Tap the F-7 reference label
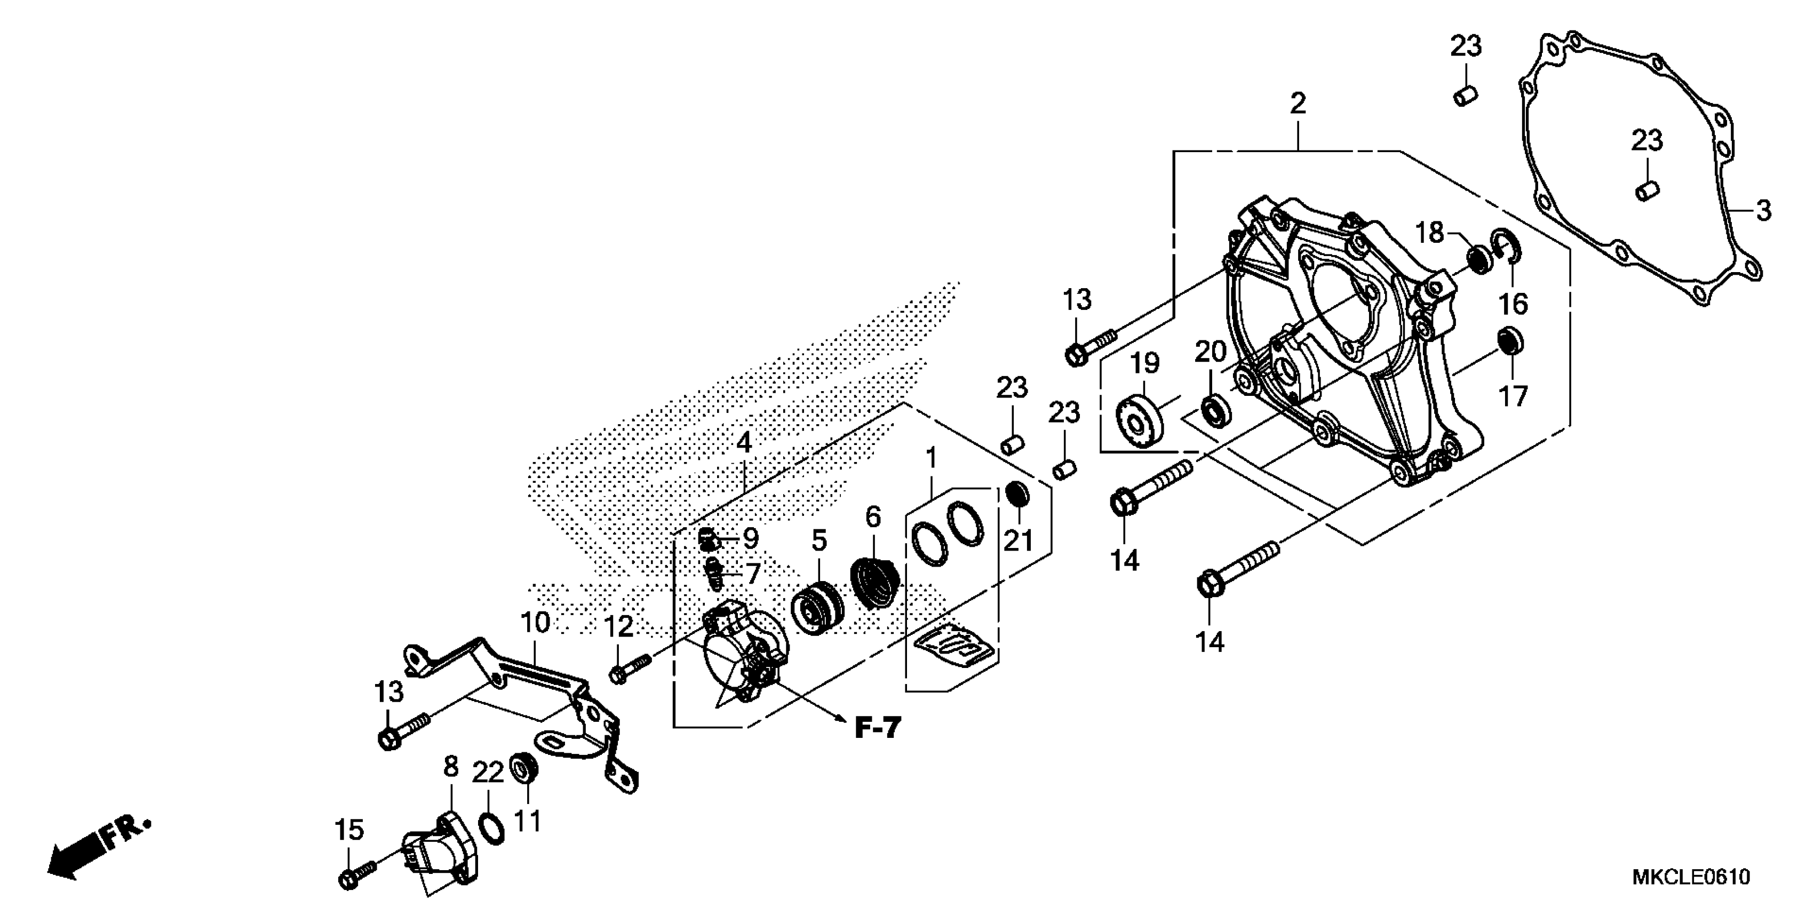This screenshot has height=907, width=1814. [878, 728]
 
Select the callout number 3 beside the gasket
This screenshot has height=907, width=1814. [1763, 210]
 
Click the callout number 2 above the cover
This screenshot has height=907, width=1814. [1298, 104]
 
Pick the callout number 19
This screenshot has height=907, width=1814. [1145, 363]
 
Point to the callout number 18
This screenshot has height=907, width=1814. [1429, 233]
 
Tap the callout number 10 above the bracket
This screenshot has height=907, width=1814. [535, 623]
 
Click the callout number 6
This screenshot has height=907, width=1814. [872, 518]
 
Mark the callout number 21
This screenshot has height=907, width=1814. [1017, 541]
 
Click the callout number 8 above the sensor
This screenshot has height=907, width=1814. [451, 766]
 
